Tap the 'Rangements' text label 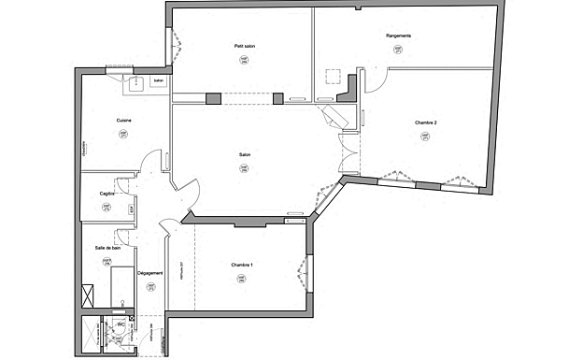tap(399, 36)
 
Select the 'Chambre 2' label tap(426, 123)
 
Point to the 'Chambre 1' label tap(243, 266)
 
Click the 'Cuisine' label tap(123, 121)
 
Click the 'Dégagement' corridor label tap(150, 273)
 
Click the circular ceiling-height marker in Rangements tap(399, 52)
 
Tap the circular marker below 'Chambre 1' tap(243, 282)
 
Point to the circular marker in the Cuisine tap(122, 135)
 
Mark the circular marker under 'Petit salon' tap(244, 61)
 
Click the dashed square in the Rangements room tap(332, 77)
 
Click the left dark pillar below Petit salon tap(212, 97)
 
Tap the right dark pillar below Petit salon tap(277, 97)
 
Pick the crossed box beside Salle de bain tap(89, 294)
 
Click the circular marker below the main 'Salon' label tap(245, 169)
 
